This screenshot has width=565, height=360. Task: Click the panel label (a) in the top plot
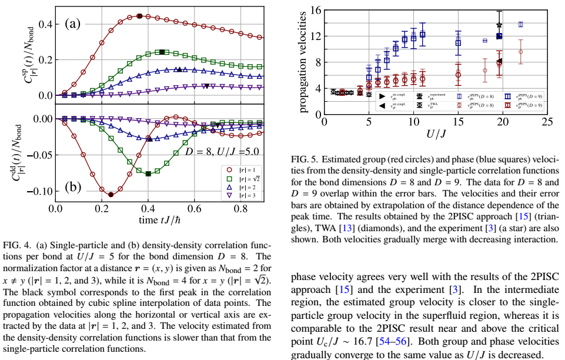(x=72, y=24)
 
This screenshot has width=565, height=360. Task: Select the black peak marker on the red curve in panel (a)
(x=139, y=16)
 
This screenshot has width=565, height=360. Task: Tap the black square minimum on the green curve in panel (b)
(x=148, y=174)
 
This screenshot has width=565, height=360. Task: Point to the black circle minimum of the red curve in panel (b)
(x=111, y=194)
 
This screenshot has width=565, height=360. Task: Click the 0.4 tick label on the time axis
(x=148, y=208)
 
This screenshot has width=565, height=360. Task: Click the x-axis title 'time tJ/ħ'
(x=159, y=221)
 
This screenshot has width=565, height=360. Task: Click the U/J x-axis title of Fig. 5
(x=436, y=134)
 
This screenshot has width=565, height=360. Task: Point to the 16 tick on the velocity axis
(x=316, y=11)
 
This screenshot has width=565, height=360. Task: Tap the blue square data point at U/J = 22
(x=520, y=25)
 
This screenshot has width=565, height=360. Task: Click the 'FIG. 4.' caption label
(x=18, y=246)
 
